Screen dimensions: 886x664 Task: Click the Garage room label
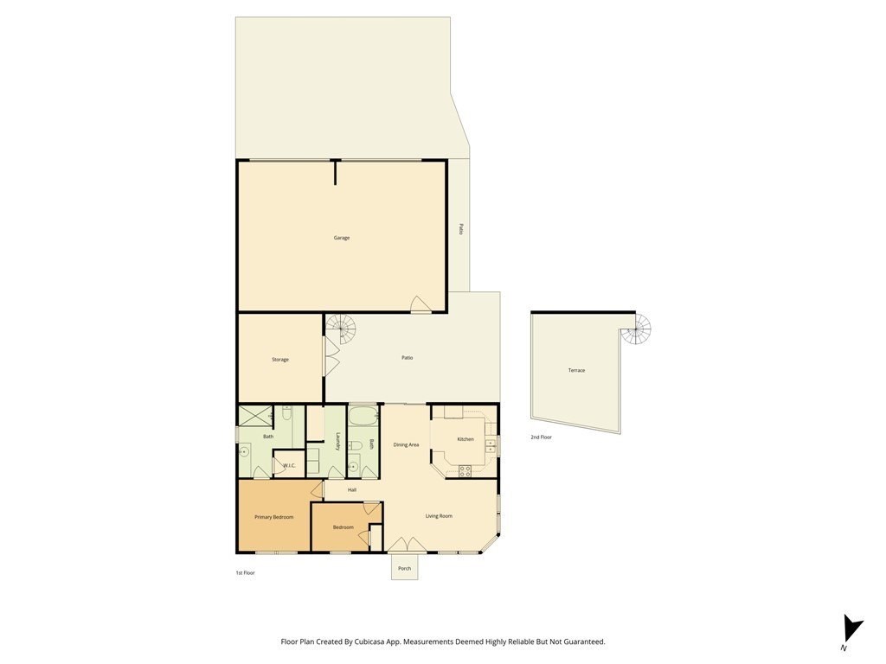click(341, 238)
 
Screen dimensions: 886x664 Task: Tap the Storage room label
click(280, 359)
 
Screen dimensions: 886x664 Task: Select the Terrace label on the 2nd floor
click(576, 370)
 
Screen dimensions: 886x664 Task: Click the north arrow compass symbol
click(852, 629)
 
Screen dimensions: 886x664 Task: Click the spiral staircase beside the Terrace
click(636, 329)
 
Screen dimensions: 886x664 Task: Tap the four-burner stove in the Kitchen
click(465, 471)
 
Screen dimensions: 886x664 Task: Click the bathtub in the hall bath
click(363, 417)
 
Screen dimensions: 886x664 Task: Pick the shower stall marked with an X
click(255, 415)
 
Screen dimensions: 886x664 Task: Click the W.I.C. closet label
click(289, 465)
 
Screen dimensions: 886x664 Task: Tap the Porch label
click(405, 568)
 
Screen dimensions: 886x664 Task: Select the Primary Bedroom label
click(274, 517)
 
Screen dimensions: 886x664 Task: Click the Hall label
click(352, 489)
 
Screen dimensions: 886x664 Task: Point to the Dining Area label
click(407, 444)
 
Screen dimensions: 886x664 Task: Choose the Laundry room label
click(338, 442)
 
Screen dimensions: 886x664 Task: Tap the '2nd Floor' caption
click(542, 437)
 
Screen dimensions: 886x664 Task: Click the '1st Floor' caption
click(245, 572)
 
